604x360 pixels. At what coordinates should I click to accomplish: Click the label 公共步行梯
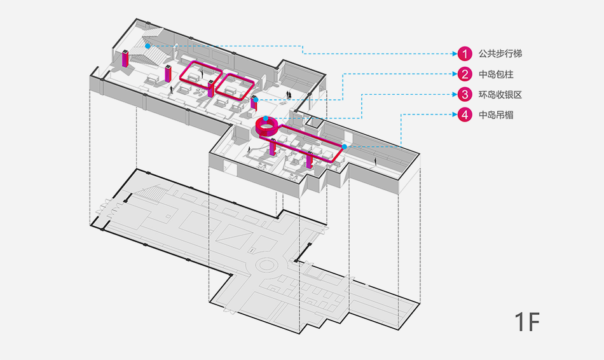(x=500, y=53)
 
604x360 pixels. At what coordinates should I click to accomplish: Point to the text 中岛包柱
(x=496, y=74)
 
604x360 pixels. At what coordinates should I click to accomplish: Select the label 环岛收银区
(x=500, y=95)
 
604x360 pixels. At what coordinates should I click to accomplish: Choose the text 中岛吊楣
(x=496, y=115)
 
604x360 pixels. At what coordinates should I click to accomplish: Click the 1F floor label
(x=526, y=322)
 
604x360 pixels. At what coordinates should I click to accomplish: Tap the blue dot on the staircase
(x=148, y=46)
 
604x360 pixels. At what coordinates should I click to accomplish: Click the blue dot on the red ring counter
(x=266, y=119)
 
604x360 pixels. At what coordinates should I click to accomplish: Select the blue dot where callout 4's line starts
(x=345, y=147)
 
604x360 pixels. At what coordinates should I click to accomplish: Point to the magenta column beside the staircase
(x=125, y=59)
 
